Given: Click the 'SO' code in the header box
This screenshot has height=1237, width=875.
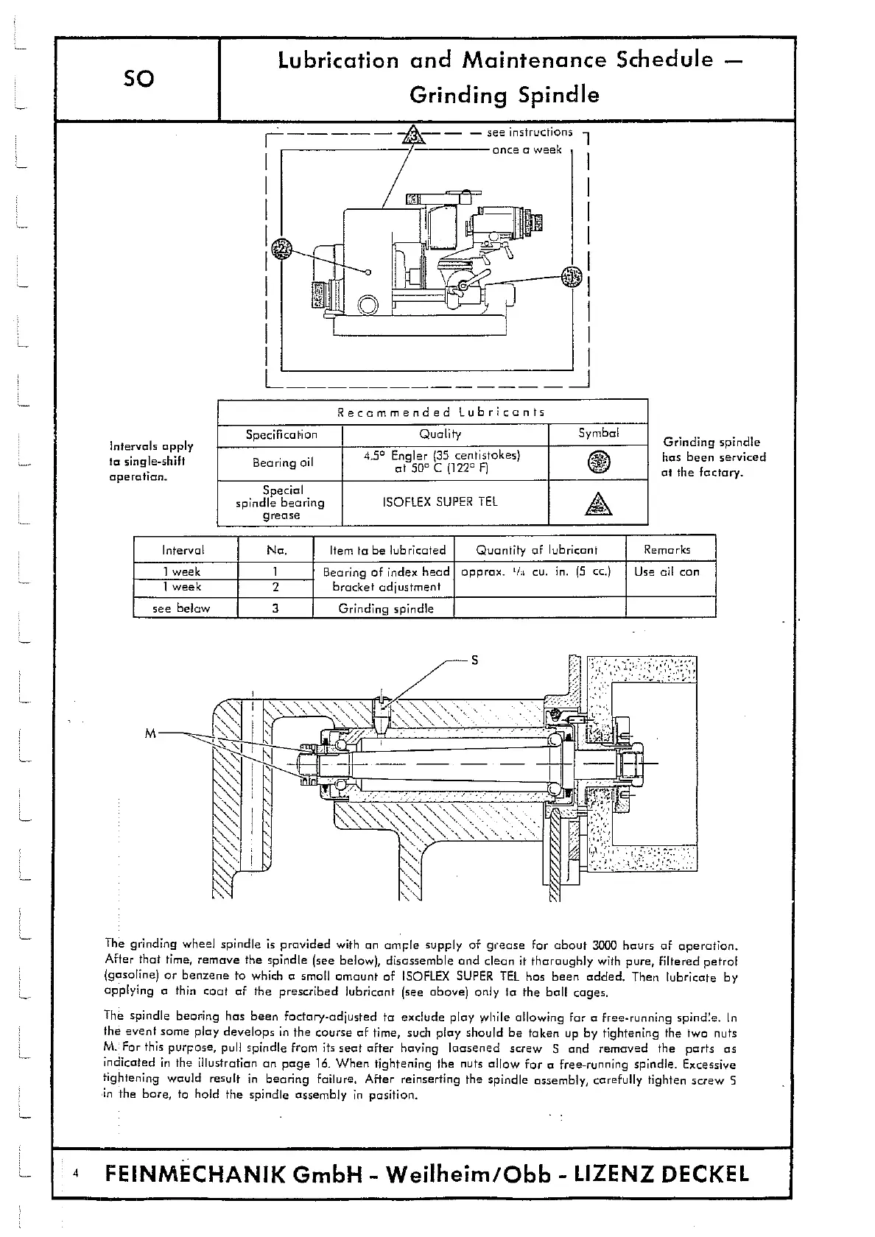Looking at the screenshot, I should pyautogui.click(x=138, y=78).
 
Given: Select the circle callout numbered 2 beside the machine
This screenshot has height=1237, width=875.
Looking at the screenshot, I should pyautogui.click(x=281, y=249).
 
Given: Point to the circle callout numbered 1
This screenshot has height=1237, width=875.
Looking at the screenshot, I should pyautogui.click(x=571, y=277).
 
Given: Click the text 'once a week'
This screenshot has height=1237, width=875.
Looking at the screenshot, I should pyautogui.click(x=527, y=149).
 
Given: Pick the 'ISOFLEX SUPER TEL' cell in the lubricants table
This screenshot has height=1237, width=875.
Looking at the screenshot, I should pyautogui.click(x=440, y=502).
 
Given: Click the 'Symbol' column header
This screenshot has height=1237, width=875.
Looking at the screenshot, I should pyautogui.click(x=598, y=433).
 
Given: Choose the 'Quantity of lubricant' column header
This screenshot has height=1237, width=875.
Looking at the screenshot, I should pyautogui.click(x=537, y=550).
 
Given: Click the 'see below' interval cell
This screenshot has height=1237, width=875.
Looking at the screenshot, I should pyautogui.click(x=181, y=608).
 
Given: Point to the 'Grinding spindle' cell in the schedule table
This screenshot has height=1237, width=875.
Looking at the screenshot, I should pyautogui.click(x=386, y=609).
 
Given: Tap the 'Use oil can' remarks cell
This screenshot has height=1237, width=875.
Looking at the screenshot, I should pyautogui.click(x=667, y=571).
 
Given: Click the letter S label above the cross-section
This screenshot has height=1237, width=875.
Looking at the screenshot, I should pyautogui.click(x=475, y=660).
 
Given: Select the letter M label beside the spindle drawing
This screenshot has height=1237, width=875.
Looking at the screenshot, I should pyautogui.click(x=151, y=733).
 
